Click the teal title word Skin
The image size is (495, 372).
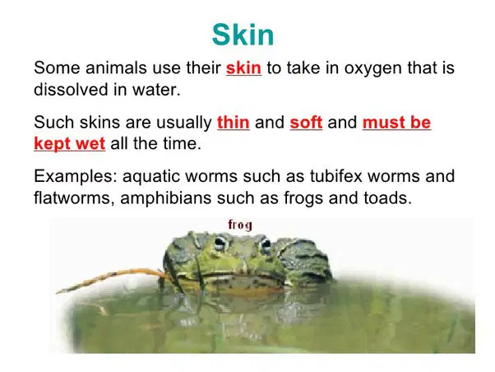[x=243, y=35]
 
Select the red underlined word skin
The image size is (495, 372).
[x=243, y=67]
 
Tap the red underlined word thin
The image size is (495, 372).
[x=234, y=122]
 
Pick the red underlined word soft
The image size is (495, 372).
[x=306, y=122]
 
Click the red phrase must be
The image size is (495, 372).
[x=396, y=122]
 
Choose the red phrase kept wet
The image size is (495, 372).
[x=69, y=143]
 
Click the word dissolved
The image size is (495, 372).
[x=71, y=89]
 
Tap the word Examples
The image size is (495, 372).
[x=76, y=176]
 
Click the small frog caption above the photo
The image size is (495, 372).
[x=240, y=225]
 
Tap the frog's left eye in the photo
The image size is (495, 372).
[x=220, y=242]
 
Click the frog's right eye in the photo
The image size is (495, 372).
[x=266, y=244]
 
